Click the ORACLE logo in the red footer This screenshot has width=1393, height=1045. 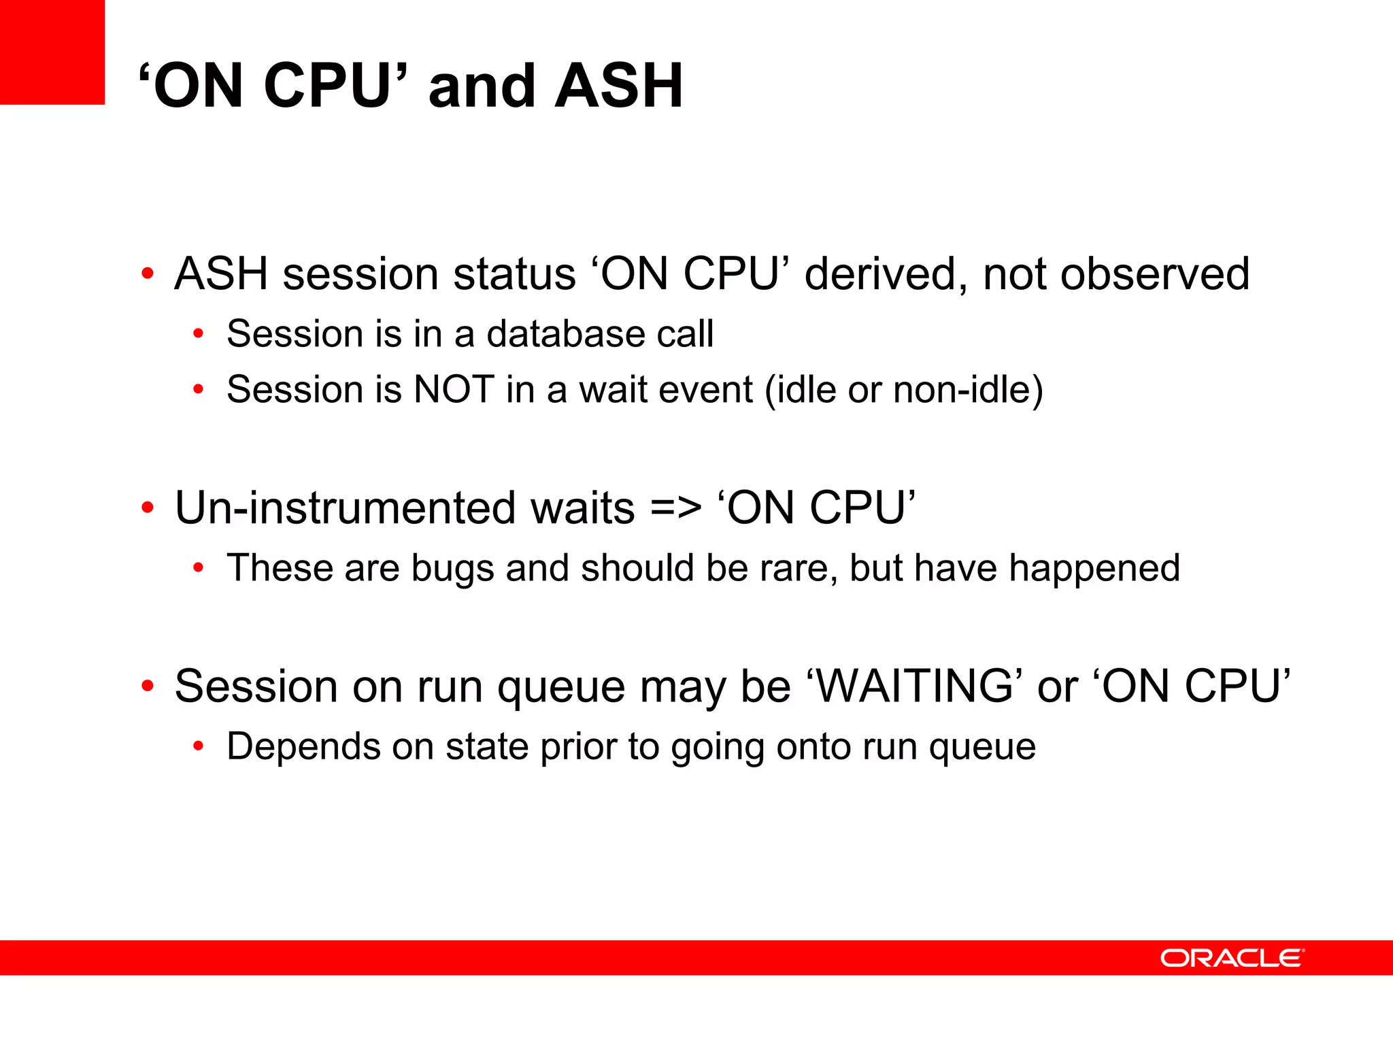(1232, 958)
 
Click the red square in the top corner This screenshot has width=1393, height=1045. (52, 52)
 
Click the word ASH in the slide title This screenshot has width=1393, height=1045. (618, 86)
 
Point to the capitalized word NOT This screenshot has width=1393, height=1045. (454, 390)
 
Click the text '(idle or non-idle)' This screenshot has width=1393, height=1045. (904, 391)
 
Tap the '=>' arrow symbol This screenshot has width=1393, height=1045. (675, 508)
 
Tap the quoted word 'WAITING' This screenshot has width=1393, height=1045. (915, 686)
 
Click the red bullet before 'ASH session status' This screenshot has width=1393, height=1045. (147, 274)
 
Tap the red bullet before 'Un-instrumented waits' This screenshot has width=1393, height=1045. (147, 508)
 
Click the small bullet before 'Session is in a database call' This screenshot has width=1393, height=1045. (198, 334)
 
